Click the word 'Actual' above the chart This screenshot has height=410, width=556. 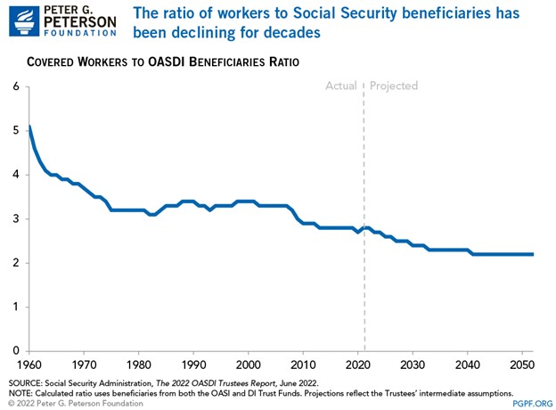(341, 86)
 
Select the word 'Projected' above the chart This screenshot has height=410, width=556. (394, 86)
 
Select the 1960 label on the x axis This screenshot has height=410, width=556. (30, 365)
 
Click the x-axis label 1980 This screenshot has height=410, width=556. (139, 365)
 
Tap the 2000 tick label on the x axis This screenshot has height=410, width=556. (248, 365)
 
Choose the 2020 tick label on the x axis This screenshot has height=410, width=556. (357, 365)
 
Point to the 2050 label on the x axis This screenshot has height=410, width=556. (521, 365)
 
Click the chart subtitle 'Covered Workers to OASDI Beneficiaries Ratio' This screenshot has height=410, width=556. (161, 62)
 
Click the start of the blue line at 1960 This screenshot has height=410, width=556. (30, 127)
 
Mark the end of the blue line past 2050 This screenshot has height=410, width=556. (532, 254)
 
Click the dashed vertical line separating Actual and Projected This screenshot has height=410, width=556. (364, 223)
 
